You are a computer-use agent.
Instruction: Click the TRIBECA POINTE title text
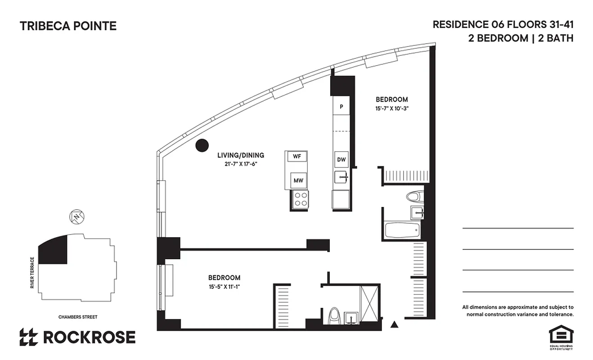(68, 26)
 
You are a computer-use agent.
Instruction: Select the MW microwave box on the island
(298, 180)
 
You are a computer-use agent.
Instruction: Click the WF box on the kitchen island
(297, 156)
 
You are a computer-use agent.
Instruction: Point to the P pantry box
(341, 107)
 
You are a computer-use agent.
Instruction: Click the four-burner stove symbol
(300, 199)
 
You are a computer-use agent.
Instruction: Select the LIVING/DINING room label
(241, 155)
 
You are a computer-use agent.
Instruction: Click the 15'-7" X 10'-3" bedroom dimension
(392, 108)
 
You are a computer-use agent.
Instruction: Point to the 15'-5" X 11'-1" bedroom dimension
(224, 286)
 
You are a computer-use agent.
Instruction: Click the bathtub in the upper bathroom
(402, 230)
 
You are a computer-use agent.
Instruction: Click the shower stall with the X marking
(370, 303)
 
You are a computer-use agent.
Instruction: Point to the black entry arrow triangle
(395, 324)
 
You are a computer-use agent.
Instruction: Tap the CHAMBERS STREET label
(77, 317)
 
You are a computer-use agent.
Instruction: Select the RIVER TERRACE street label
(32, 273)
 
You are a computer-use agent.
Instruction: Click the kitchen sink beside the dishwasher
(341, 177)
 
